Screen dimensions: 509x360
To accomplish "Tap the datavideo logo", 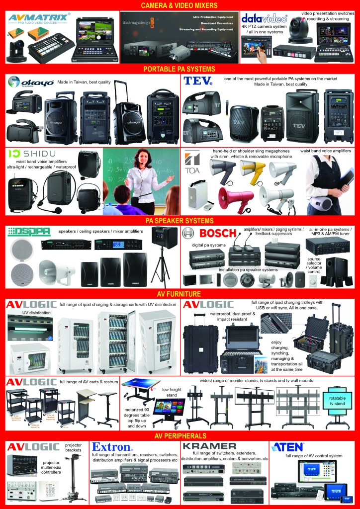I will click(265, 18).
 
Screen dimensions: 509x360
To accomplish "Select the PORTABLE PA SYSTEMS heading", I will click(180, 69).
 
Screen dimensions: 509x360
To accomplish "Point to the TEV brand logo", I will click(198, 82).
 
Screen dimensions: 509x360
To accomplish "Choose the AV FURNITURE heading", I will click(180, 293).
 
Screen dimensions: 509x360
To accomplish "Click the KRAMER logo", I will click(209, 445).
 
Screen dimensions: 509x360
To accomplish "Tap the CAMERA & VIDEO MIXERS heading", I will click(180, 5).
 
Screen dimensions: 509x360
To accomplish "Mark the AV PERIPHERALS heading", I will click(180, 435).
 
